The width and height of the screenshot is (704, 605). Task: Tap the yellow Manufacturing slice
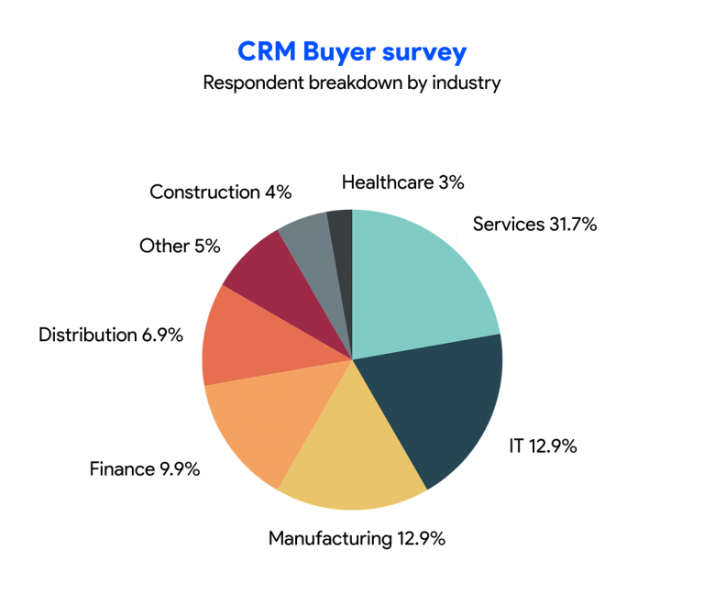coord(353,458)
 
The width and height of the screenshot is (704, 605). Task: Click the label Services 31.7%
coord(534,224)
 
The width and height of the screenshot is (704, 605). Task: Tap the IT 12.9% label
coord(543,447)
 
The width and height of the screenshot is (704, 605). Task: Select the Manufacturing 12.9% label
coord(357,538)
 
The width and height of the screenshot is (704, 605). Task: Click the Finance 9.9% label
coord(144,469)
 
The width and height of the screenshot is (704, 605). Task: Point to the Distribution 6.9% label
coord(111,335)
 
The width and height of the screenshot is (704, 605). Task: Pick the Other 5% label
coord(181,246)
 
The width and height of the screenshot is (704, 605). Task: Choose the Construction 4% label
coord(220,192)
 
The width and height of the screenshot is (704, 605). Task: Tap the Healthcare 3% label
coord(402,182)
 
